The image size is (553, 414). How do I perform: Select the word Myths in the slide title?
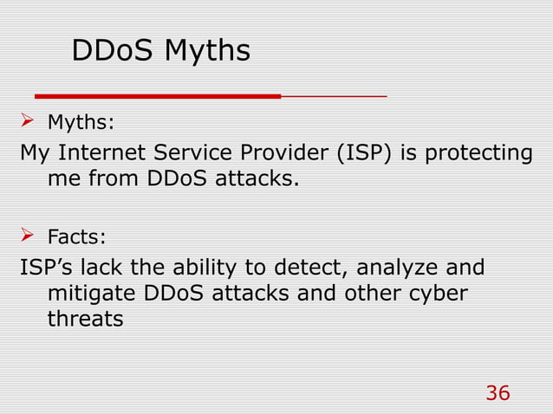[207, 52]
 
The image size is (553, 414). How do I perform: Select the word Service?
[195, 154]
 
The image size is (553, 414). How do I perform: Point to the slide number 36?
[498, 393]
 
